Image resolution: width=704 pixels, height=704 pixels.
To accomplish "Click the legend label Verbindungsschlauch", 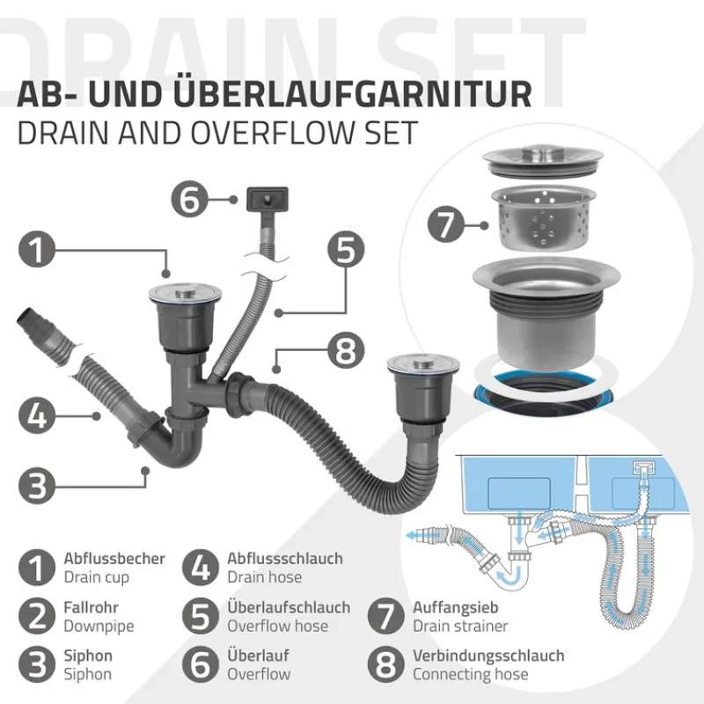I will click(x=488, y=656).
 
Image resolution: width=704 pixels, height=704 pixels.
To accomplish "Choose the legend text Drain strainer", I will click(x=460, y=626).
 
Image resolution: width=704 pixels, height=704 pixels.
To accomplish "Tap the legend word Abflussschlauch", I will click(x=285, y=559).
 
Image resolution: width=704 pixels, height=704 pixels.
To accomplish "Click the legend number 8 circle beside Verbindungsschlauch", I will click(x=384, y=664).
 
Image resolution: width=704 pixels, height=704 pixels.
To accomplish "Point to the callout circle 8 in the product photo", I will click(x=346, y=354).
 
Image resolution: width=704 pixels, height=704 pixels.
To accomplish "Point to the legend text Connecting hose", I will click(x=471, y=674).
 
